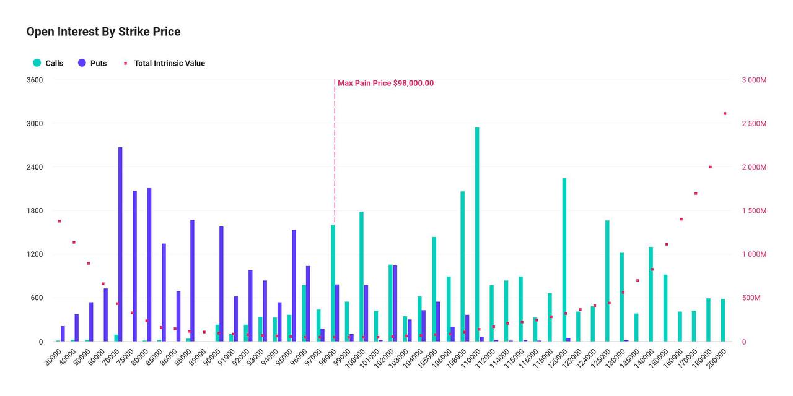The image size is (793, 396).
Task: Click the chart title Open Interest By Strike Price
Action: pos(103,32)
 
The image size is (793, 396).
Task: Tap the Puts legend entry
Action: pos(92,63)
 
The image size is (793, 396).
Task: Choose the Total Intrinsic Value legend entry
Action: pos(164,63)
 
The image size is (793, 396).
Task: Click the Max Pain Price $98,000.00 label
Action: pos(385,83)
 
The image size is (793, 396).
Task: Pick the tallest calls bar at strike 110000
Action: pos(477,235)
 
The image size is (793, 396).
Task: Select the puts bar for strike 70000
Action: pos(120,244)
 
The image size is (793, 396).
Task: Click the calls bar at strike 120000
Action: pos(564,260)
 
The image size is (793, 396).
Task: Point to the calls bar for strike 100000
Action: pos(361,277)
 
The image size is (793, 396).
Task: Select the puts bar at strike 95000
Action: pos(294,286)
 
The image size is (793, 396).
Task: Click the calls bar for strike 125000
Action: pos(608,281)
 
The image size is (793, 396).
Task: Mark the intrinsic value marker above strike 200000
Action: pos(725,113)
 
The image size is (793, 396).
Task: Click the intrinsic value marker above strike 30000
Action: pos(59,221)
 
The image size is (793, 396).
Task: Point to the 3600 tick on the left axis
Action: pos(35,80)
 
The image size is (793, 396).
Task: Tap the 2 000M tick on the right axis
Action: pos(754,167)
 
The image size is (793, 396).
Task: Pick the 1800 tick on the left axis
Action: pos(35,211)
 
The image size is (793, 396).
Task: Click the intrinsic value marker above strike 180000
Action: pos(710,167)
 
